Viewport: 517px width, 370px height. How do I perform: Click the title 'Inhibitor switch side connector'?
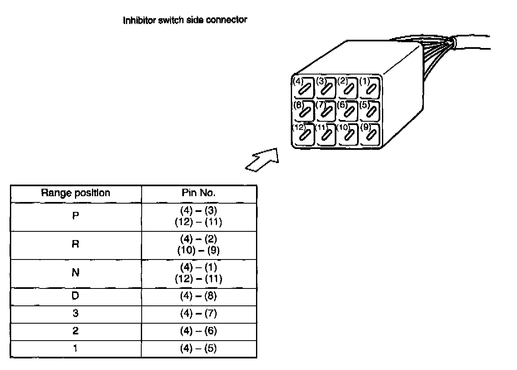pos(185,20)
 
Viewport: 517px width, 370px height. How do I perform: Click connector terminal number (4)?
pos(304,87)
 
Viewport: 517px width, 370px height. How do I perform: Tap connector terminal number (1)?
pos(370,87)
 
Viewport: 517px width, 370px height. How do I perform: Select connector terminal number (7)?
pos(326,111)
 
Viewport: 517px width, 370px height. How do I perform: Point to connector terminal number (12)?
pos(304,134)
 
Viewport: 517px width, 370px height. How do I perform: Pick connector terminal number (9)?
pos(370,134)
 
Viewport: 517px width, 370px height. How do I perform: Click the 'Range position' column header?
pos(75,193)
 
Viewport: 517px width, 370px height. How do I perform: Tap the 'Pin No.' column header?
pos(198,193)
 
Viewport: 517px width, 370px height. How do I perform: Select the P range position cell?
pos(75,216)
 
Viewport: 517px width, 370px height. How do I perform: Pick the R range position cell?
pos(75,244)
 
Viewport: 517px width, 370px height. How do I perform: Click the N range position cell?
pos(75,273)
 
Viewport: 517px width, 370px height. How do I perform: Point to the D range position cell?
pos(75,296)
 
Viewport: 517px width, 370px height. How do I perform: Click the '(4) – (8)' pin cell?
pos(198,296)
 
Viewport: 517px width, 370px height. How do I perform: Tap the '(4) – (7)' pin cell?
pos(198,314)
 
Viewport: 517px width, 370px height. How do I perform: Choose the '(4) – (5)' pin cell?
pos(198,348)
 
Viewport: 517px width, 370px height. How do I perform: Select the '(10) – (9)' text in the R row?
pos(198,250)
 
